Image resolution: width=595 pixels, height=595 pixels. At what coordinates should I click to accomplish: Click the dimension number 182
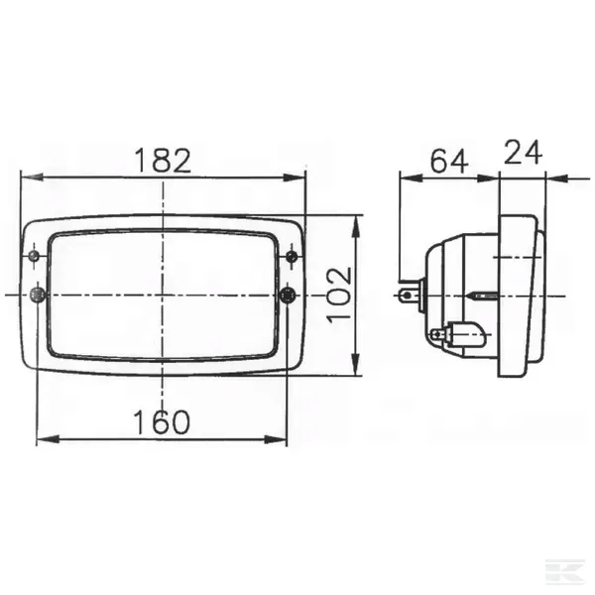163,161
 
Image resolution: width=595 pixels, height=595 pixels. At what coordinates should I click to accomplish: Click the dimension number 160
162,422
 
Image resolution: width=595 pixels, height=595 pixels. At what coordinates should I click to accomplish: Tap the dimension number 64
449,162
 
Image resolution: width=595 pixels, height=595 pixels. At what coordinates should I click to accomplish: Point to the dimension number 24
523,152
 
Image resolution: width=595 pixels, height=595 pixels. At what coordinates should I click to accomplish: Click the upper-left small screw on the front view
35,256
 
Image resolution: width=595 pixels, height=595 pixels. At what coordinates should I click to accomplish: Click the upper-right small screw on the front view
292,257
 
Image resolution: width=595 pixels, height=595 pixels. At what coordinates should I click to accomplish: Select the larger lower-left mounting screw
38,295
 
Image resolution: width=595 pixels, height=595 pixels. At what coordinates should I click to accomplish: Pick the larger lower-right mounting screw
288,295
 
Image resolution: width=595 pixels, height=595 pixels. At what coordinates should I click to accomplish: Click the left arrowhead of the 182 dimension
32,177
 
